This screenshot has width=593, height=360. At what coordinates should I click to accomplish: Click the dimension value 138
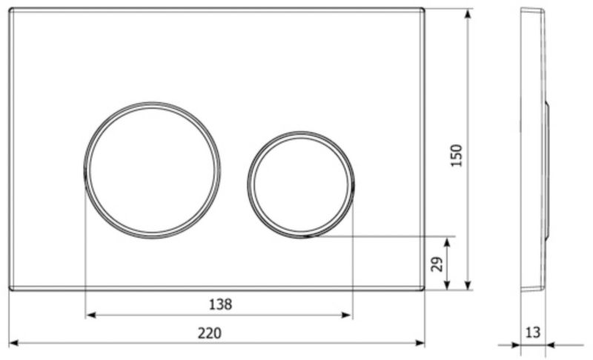tap(220, 304)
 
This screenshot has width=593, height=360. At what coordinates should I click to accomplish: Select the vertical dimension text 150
tap(457, 155)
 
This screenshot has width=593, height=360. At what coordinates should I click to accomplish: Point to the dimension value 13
tap(532, 333)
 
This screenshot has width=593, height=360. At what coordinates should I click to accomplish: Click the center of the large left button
tap(152, 170)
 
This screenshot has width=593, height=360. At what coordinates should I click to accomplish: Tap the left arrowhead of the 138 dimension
tap(91, 315)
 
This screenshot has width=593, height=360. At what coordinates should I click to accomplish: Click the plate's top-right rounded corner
tap(422, 11)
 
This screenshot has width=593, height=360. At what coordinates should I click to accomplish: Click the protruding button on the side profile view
tap(547, 170)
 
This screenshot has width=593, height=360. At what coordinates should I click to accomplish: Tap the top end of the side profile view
tap(531, 10)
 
